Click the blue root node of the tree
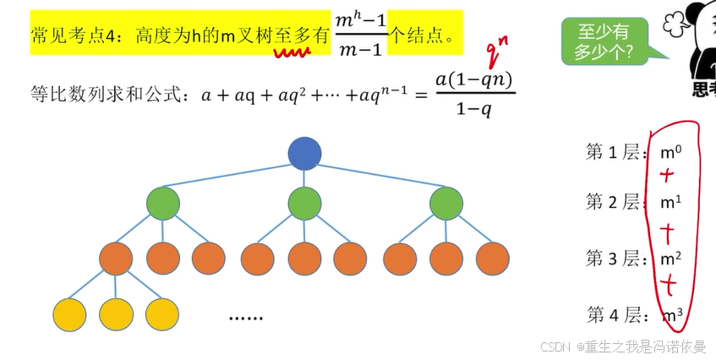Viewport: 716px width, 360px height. coord(304,153)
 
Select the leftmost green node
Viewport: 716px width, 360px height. coord(163,204)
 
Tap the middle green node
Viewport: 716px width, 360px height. coord(304,204)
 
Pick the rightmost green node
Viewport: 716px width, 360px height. coord(446,204)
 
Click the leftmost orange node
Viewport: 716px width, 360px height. coord(116,258)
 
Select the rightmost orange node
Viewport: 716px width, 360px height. coord(492,258)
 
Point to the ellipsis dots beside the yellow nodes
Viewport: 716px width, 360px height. coord(246,318)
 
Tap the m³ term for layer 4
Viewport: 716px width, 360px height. coord(672,316)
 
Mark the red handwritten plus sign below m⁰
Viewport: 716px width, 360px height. coord(668,176)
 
